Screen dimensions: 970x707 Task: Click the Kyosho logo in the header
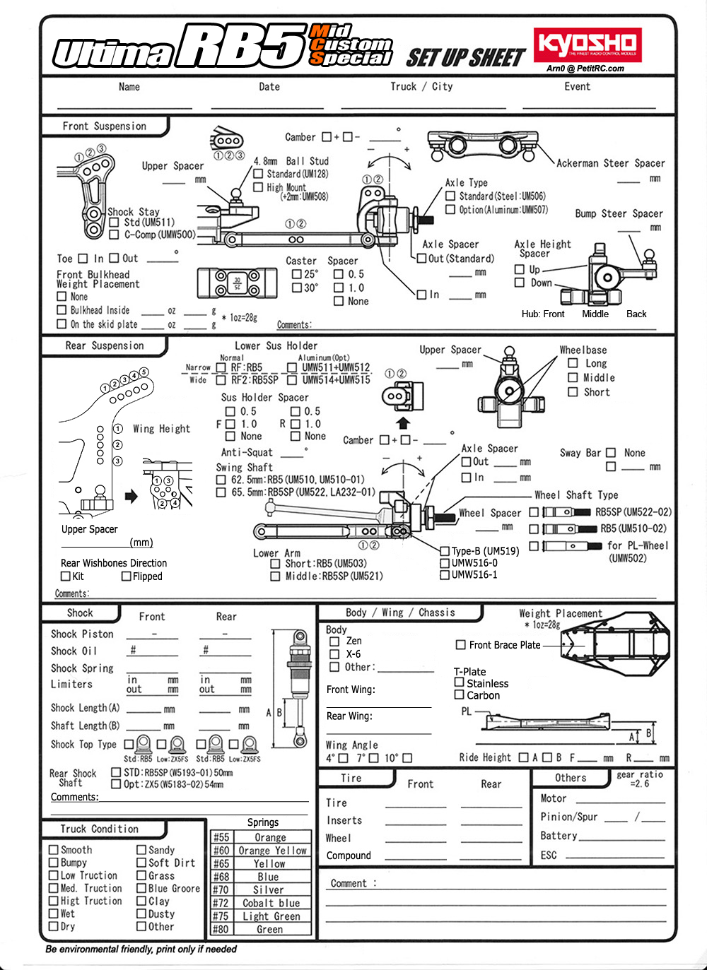[588, 45]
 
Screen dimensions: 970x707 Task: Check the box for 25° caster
[297, 274]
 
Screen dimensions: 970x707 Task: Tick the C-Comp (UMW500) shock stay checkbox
[115, 235]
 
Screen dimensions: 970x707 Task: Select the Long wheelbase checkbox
[573, 363]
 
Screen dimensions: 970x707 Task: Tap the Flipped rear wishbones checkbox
[127, 576]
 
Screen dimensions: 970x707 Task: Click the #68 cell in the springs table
[221, 877]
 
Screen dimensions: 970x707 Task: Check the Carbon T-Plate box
[460, 695]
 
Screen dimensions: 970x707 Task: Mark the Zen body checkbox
[335, 641]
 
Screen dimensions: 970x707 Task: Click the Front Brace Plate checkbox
[461, 645]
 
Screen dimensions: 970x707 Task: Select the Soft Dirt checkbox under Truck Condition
[141, 863]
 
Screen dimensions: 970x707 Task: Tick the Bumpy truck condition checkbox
[54, 863]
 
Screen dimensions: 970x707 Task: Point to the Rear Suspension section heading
[105, 346]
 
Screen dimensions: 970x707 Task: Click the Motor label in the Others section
[554, 798]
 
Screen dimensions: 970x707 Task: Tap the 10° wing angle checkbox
[407, 758]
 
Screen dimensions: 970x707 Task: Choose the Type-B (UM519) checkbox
[445, 551]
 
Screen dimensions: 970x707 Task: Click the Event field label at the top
[577, 87]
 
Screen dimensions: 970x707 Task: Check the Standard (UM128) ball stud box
[259, 174]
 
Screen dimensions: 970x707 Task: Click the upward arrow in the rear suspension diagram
[403, 423]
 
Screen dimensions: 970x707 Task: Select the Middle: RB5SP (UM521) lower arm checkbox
[276, 576]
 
